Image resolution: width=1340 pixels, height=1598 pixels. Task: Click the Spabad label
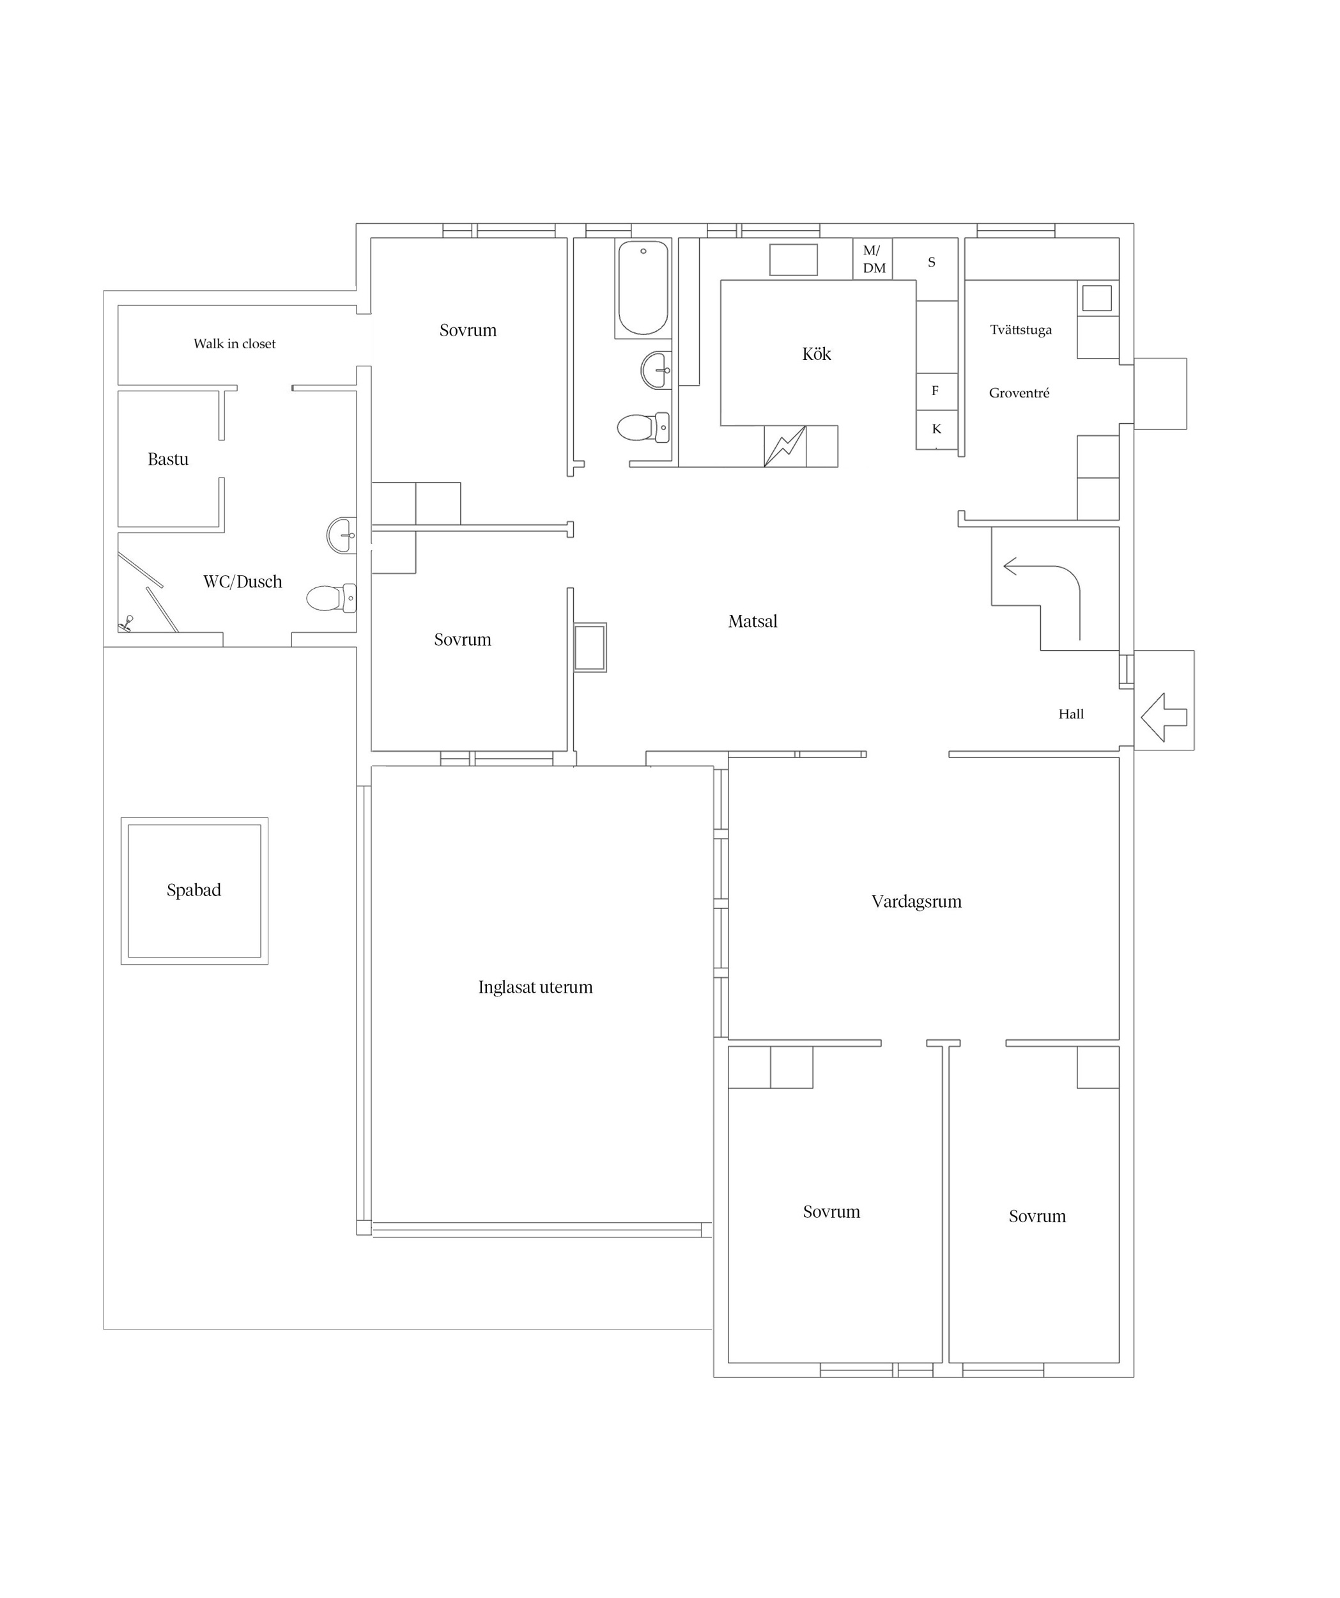(194, 890)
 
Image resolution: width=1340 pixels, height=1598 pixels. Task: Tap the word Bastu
(168, 459)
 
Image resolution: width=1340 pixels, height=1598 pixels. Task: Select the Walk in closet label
(235, 343)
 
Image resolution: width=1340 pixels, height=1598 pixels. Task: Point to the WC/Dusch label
(243, 582)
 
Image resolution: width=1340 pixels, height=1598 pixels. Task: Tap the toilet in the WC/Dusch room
(332, 598)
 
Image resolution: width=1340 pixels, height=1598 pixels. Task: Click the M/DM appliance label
(874, 259)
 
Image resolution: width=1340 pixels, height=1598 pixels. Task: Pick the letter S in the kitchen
(932, 262)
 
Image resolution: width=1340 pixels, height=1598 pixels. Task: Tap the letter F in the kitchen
(935, 391)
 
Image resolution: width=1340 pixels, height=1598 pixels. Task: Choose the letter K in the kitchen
(937, 428)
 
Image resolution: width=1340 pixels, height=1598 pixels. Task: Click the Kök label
(817, 354)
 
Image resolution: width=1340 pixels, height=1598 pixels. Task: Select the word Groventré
(1020, 392)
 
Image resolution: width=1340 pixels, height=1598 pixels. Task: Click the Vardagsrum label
(916, 901)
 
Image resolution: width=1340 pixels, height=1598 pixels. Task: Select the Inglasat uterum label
(535, 987)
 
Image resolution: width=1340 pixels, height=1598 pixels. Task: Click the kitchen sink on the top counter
(793, 260)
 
